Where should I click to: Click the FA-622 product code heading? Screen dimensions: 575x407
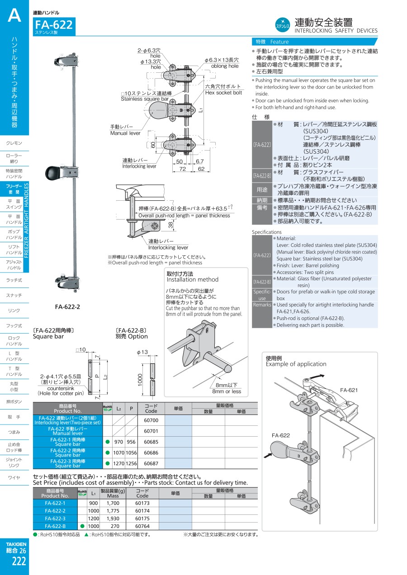(53, 24)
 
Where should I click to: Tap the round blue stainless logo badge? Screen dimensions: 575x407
(283, 24)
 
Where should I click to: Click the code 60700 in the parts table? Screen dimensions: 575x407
(151, 420)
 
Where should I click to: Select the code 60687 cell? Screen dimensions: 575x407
(151, 464)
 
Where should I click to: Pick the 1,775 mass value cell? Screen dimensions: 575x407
(113, 511)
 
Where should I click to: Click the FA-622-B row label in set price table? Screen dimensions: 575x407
(55, 526)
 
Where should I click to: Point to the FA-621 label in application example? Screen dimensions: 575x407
(349, 390)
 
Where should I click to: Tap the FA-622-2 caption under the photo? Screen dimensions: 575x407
(67, 307)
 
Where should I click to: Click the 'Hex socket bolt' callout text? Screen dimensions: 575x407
(223, 93)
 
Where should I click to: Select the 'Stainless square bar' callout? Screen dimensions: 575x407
(144, 99)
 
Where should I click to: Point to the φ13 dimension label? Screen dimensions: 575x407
(142, 352)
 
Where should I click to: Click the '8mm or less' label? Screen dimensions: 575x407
(227, 391)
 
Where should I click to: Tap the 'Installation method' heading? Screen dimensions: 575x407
(192, 279)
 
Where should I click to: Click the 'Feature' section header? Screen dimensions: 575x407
(279, 42)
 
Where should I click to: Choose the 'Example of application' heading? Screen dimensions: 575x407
(296, 364)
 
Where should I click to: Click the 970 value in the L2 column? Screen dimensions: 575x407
(119, 442)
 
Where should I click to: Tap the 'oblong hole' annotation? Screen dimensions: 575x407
(225, 66)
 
